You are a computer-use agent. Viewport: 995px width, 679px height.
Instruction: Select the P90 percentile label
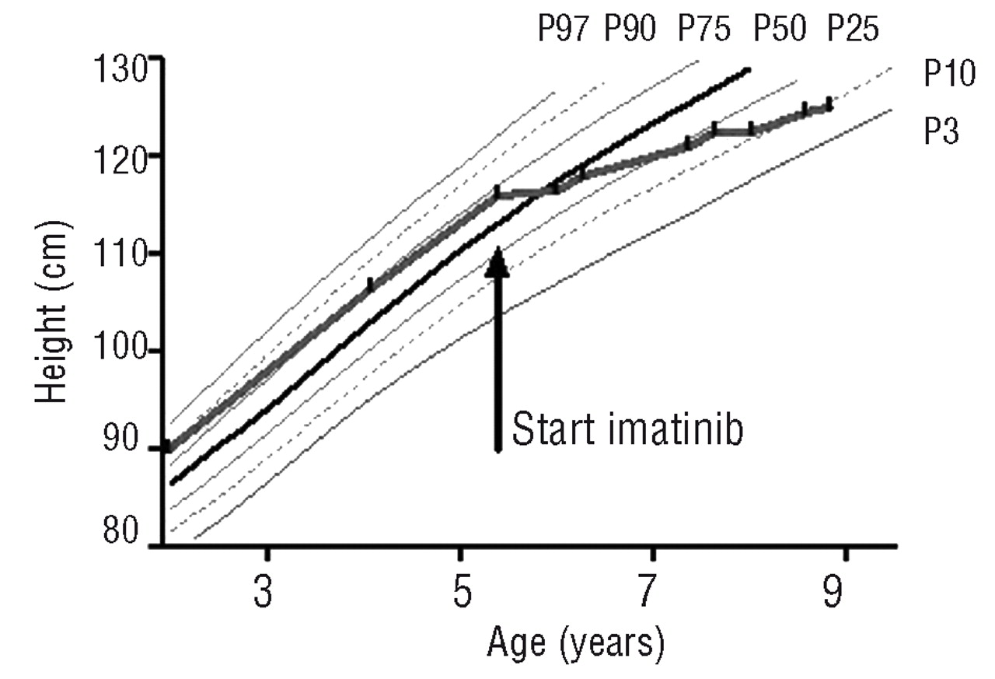(630, 30)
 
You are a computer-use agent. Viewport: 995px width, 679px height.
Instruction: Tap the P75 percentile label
(704, 30)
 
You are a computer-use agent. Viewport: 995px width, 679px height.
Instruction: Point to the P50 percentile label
(780, 30)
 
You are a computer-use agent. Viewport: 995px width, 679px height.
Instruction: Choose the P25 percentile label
(853, 30)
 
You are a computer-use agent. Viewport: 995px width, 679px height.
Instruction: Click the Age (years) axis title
(576, 644)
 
